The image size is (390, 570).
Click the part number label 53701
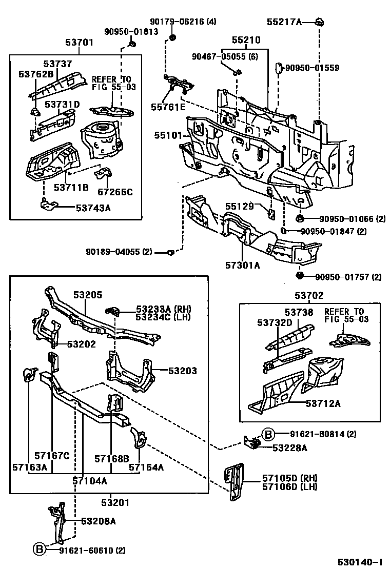pos(79,43)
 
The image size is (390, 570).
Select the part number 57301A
pos(243,265)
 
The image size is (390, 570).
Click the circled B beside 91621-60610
pos(40,550)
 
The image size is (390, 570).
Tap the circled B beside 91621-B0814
pos(268,434)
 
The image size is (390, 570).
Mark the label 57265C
pos(115,192)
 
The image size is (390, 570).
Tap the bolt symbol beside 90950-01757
pos(300,277)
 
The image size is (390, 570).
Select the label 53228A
pos(289,447)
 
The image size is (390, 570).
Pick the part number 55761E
pos(167,107)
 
